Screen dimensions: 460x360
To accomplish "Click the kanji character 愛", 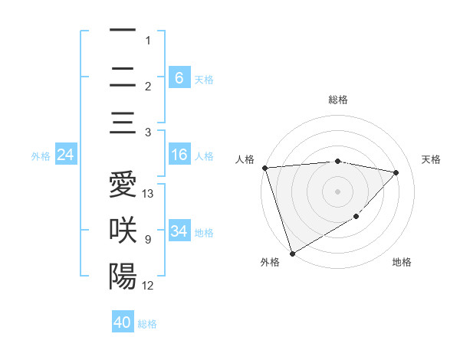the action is [x=123, y=186].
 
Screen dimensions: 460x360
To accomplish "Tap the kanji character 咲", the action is [x=123, y=231].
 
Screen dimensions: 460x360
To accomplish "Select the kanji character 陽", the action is [x=123, y=276].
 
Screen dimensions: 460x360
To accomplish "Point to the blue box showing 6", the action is [x=179, y=77].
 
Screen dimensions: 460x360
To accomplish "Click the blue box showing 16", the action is [x=179, y=155].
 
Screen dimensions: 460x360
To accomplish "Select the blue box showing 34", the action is [x=179, y=231].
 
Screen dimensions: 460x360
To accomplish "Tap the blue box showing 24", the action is [x=65, y=155].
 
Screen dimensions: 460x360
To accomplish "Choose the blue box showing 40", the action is [x=123, y=322].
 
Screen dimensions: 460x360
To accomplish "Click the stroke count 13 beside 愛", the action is [x=148, y=194].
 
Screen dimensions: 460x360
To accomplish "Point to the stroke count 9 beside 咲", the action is [x=147, y=240].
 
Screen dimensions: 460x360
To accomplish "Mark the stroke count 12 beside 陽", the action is [x=148, y=286].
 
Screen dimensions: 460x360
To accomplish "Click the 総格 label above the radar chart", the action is [x=337, y=100].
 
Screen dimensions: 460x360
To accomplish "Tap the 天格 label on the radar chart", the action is [x=432, y=159].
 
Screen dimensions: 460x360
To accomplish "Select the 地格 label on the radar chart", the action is [x=402, y=262].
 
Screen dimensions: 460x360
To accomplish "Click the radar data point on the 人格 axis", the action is [x=264, y=168].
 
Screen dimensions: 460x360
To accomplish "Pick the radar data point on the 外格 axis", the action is [x=292, y=253].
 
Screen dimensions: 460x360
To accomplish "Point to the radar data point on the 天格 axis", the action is [x=396, y=172].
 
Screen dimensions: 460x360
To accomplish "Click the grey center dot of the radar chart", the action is [x=337, y=191].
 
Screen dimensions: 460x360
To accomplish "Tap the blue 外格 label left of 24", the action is [x=41, y=156].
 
